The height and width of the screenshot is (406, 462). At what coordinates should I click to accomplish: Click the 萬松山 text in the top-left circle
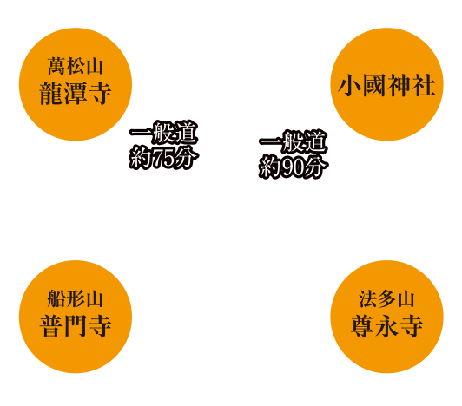tap(76, 66)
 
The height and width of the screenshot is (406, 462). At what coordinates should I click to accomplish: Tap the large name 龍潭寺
tap(76, 93)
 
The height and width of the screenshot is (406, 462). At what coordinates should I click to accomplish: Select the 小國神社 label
tap(386, 85)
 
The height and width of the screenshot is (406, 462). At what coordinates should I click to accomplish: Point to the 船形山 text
tap(76, 298)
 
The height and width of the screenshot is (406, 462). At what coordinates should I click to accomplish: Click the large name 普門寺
tap(76, 325)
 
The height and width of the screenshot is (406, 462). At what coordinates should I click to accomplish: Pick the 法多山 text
tap(386, 298)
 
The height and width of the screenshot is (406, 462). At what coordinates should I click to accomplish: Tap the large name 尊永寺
tap(386, 325)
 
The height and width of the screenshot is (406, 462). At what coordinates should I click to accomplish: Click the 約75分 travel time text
tap(164, 158)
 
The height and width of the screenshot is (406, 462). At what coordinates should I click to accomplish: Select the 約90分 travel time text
tap(294, 167)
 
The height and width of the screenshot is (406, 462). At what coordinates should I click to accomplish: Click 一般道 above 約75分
tap(164, 133)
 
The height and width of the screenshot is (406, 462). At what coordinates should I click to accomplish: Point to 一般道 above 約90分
tap(294, 142)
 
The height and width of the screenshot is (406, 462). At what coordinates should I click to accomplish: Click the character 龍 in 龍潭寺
tap(51, 93)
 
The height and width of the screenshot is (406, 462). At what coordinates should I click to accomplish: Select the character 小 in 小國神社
tap(350, 85)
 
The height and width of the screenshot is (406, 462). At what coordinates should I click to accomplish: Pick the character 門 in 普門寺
tap(76, 325)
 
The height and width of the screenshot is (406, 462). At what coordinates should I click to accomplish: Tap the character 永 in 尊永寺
tap(386, 325)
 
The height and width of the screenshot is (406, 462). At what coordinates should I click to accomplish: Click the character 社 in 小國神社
tap(424, 85)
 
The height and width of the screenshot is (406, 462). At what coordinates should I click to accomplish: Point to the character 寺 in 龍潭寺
tap(100, 93)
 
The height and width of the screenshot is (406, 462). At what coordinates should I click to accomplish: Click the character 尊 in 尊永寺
tap(362, 325)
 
